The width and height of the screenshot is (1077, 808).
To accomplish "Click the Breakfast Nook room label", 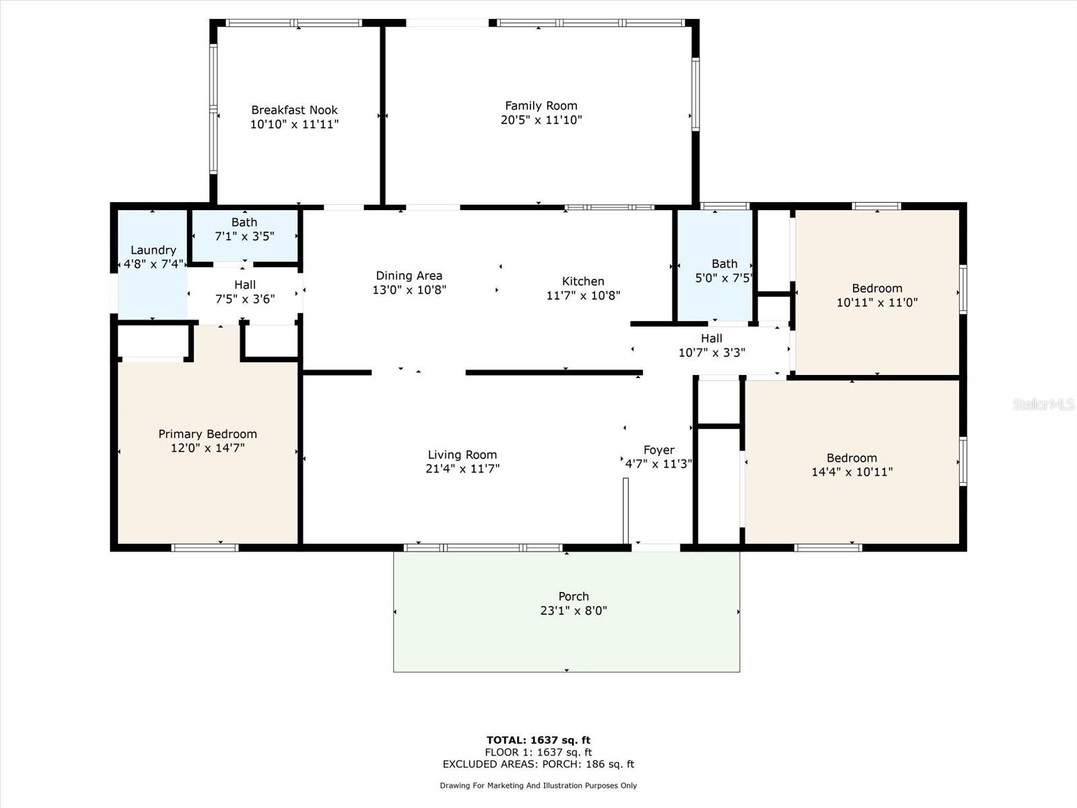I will (294, 110).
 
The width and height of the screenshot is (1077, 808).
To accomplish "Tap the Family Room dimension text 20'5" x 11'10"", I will (541, 120).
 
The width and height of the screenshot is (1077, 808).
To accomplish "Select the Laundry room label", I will (153, 250).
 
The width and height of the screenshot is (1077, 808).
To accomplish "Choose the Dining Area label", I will (409, 275).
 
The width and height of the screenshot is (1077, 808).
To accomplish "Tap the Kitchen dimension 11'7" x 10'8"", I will (583, 295).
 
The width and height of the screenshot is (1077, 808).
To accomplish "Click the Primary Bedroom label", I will (207, 434).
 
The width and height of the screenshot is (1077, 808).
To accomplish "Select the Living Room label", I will (462, 454).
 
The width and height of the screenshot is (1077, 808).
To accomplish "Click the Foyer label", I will (658, 450).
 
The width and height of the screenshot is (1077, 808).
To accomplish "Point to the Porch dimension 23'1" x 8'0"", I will (574, 611).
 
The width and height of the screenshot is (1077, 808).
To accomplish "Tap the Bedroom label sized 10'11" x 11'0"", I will (876, 288).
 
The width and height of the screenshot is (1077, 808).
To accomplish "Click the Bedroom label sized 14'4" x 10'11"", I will (852, 458).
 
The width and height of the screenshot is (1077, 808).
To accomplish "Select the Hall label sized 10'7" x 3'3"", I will (711, 339).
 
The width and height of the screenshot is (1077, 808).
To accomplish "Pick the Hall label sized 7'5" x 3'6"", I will (245, 285).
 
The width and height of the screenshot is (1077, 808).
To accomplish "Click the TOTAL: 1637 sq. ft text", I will (538, 740).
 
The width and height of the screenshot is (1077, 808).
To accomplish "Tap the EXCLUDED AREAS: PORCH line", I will (538, 764).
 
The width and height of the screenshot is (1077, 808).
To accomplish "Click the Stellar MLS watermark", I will (1043, 404).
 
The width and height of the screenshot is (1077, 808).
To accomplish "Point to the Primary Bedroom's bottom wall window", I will (205, 547).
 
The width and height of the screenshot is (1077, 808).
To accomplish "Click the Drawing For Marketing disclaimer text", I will (538, 785).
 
